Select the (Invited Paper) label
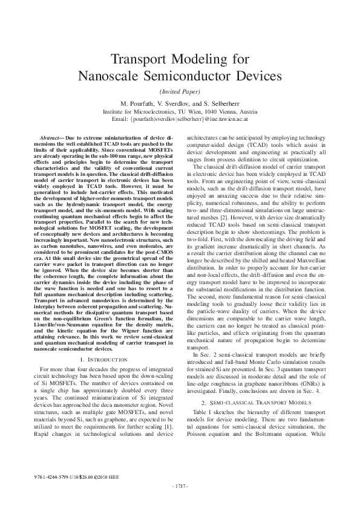tap(180, 92)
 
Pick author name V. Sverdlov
tap(182, 103)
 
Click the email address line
tap(180, 120)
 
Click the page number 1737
tap(180, 485)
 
